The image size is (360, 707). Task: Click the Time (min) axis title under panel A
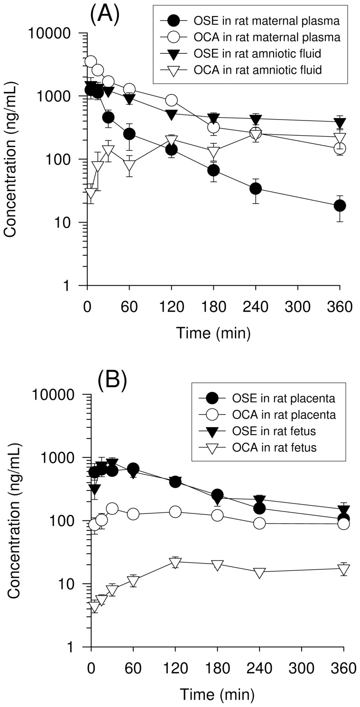(x=213, y=333)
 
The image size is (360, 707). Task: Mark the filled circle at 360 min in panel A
(x=340, y=205)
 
